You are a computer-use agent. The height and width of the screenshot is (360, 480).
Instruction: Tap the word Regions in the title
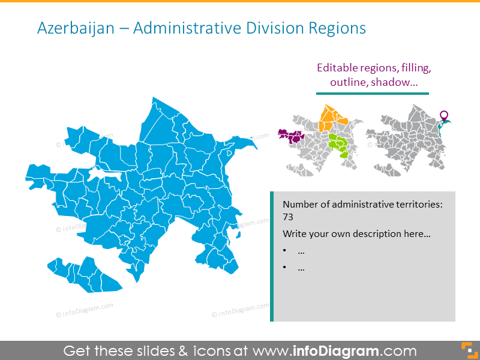point(337,28)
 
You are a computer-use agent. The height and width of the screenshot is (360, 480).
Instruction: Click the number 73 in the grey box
point(289,218)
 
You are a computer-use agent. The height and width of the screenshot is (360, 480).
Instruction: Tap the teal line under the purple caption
point(372,94)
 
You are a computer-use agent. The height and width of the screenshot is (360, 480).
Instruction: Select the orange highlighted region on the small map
point(331,116)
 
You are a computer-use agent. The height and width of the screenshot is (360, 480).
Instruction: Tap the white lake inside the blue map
point(104,175)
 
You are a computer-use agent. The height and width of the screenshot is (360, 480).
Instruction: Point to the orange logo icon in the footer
point(466,350)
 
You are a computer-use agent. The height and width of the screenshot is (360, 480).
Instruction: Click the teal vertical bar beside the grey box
point(272,256)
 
